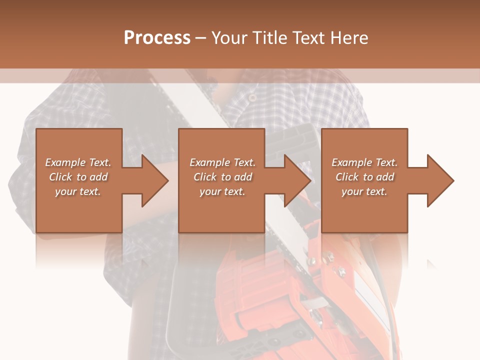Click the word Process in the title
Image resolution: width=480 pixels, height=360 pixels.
[x=157, y=38]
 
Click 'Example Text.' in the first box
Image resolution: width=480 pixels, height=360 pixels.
[x=78, y=162]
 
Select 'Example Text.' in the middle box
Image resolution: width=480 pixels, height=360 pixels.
[x=222, y=162]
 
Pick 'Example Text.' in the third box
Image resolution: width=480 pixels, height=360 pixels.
[x=364, y=162]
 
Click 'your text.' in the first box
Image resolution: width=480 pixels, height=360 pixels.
[x=78, y=191]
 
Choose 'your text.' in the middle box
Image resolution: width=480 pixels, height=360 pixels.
[x=222, y=191]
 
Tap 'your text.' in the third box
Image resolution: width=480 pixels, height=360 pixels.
[x=364, y=191]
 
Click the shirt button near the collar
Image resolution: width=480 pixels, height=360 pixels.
[x=252, y=97]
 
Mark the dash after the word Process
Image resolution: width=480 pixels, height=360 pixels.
[x=200, y=38]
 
